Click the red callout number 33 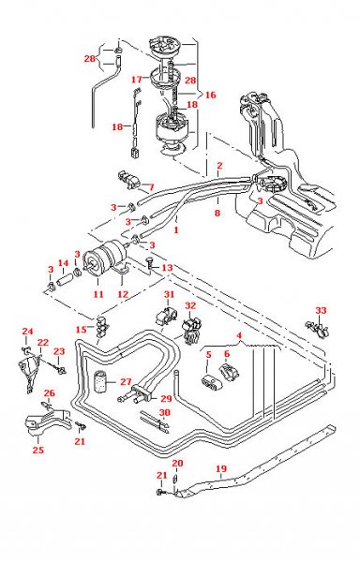pos(321,310)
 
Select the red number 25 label pos(38,451)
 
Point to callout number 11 pos(96,293)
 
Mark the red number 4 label pos(239,335)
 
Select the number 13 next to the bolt pos(168,269)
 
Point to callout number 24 pos(26,331)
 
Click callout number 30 pos(164,411)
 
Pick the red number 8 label pos(217,214)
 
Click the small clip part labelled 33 pos(316,329)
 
